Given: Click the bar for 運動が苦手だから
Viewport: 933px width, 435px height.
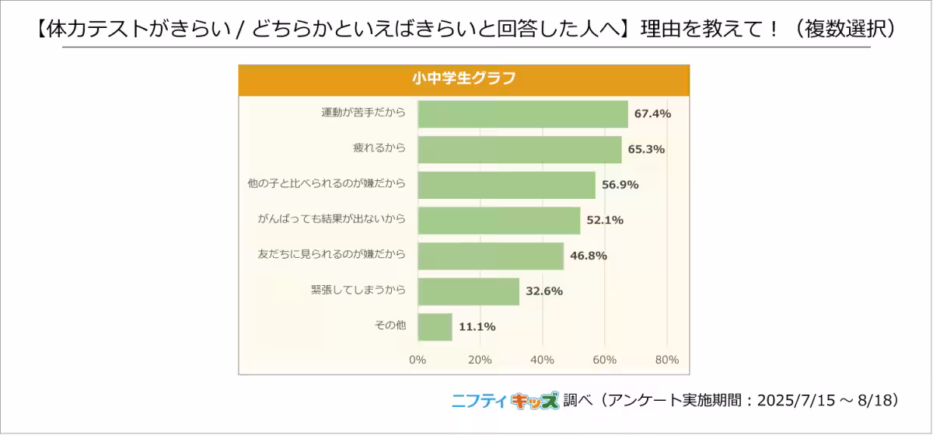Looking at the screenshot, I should (522, 114).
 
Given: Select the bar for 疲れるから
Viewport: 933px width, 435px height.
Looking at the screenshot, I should (519, 150).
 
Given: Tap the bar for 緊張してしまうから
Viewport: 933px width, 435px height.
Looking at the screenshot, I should (468, 291).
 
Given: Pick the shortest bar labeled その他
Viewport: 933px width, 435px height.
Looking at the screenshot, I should (435, 327).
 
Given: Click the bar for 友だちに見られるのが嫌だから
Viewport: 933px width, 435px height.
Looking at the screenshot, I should (491, 256).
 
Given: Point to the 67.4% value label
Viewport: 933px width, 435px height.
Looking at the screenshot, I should (652, 114).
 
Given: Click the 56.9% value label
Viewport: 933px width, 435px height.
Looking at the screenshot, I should (620, 185).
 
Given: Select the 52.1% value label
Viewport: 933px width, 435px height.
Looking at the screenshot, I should (605, 221).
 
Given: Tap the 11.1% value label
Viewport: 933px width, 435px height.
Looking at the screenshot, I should (477, 327).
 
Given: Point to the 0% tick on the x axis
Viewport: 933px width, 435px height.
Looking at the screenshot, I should (418, 360).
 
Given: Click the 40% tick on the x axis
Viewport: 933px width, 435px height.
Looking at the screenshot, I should (542, 360).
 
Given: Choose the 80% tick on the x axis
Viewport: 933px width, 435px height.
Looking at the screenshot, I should (667, 360).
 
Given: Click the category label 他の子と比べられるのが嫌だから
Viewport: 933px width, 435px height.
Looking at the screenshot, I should (326, 185).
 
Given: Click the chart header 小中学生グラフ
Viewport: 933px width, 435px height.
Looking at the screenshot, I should (463, 79).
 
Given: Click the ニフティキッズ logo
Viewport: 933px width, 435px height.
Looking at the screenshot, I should (505, 401).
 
